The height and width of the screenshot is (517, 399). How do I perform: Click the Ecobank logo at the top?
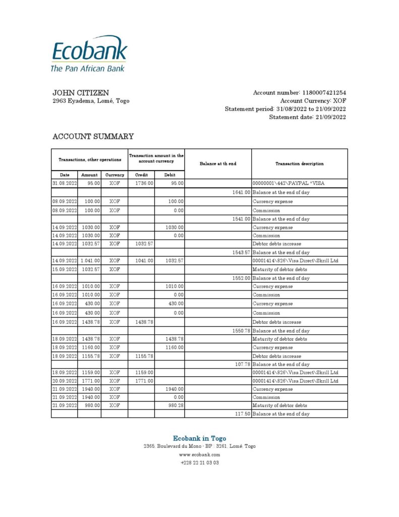[89, 53]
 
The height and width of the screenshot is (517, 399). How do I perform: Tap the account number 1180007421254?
[324, 93]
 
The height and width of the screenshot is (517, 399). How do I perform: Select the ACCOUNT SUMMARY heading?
[93, 136]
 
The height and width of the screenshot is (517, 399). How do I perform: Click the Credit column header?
[141, 175]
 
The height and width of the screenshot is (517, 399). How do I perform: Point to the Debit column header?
[170, 175]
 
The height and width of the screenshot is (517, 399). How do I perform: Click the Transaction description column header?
[299, 164]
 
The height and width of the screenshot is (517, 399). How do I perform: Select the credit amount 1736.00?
[144, 183]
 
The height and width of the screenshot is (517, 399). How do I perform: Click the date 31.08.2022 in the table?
[64, 183]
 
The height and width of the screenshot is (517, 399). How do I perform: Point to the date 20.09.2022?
[64, 381]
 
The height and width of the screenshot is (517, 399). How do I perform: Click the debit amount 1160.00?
[175, 347]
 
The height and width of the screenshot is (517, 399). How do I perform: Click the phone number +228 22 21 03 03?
[199, 462]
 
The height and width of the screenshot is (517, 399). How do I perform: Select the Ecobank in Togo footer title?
[199, 438]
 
